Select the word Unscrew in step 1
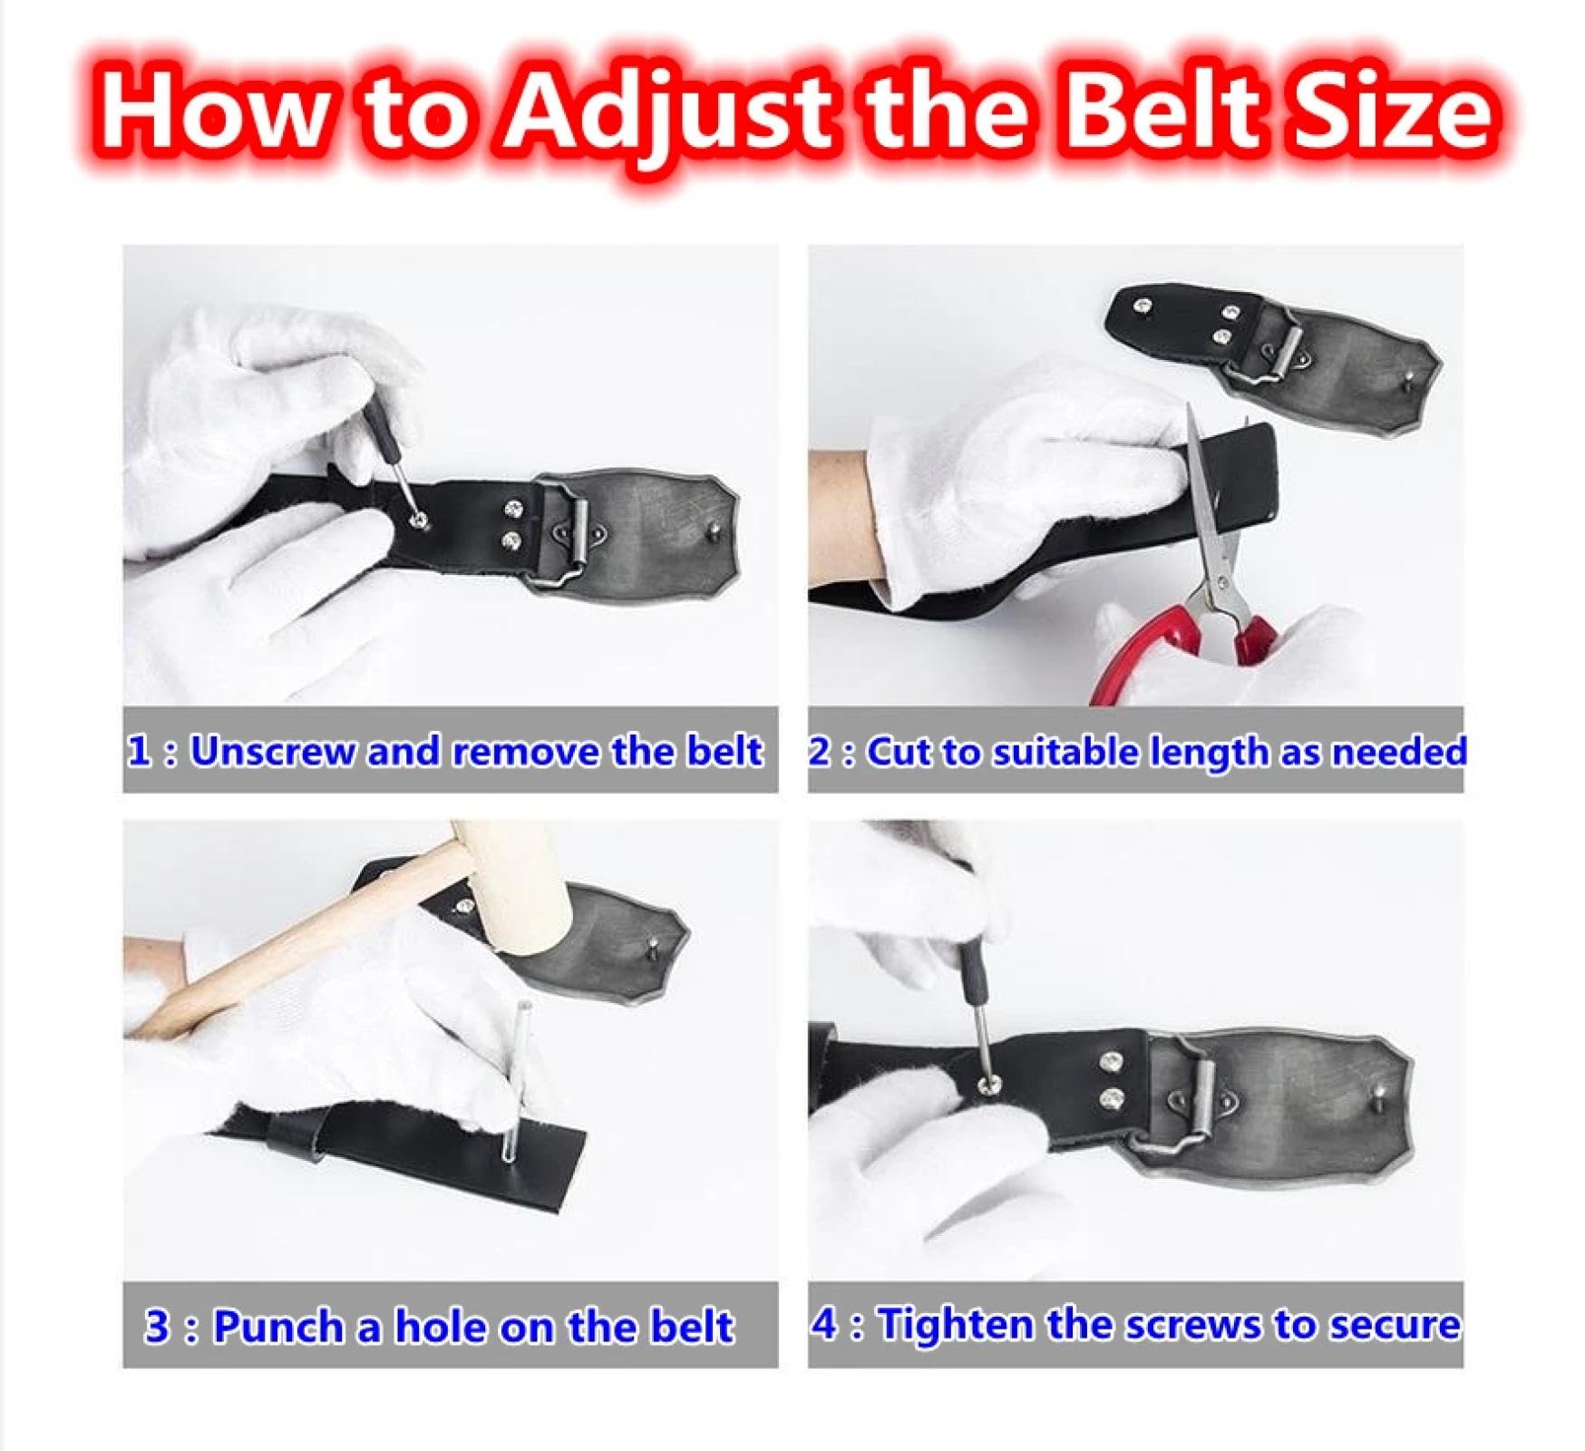tap(272, 751)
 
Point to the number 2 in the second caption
tap(821, 752)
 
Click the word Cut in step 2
tap(899, 752)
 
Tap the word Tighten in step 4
tap(957, 1325)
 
